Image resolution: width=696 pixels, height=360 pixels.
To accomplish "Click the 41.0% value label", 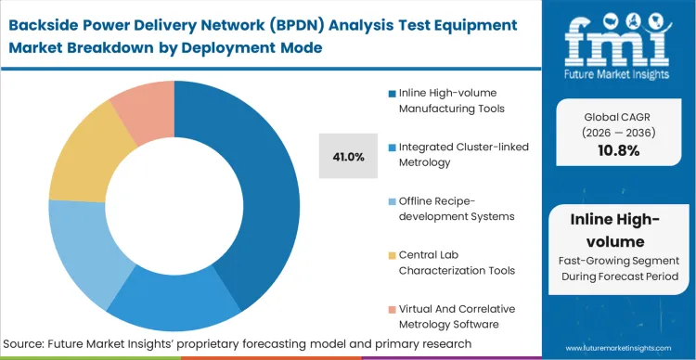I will (x=348, y=157).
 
